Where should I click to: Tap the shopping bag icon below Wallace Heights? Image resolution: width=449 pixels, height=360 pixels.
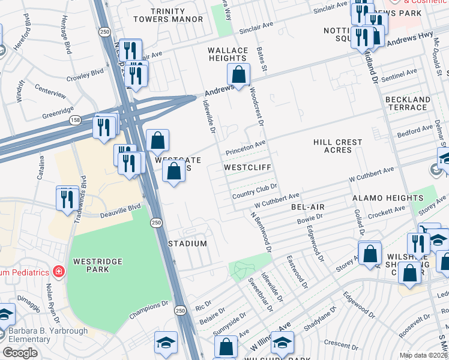point(239,76)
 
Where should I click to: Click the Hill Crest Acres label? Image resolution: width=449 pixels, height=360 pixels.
point(337,146)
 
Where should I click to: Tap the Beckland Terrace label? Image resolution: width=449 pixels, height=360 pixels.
point(408,103)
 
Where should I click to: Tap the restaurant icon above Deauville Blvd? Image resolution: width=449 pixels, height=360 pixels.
point(67,199)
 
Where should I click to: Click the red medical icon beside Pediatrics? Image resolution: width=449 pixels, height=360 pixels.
point(58,272)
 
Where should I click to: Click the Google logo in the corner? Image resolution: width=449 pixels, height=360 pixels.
point(20,353)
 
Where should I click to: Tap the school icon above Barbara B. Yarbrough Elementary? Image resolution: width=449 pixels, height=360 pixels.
point(4,316)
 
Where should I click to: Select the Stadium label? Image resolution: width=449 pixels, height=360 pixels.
point(187,244)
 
